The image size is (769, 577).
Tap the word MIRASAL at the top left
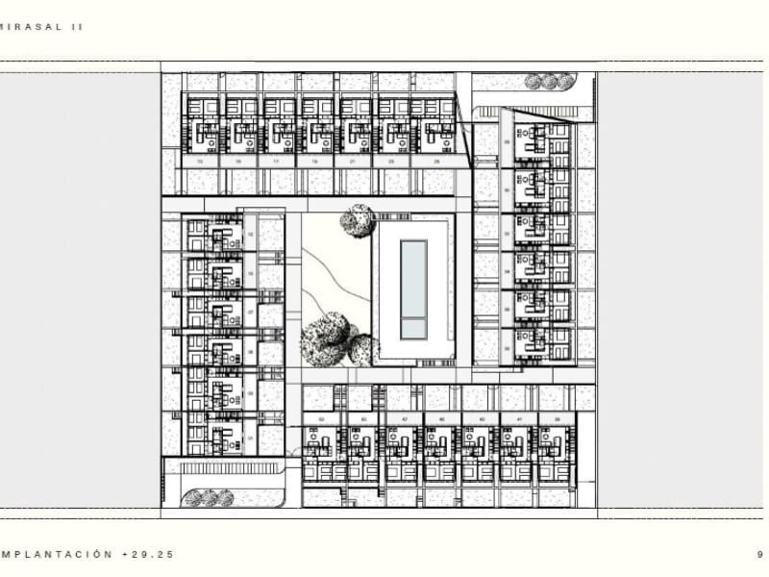pyautogui.click(x=31, y=28)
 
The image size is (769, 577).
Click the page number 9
pyautogui.click(x=759, y=554)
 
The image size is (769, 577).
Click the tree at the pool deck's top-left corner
pyautogui.click(x=356, y=221)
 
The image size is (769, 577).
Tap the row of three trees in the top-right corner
pyautogui.click(x=546, y=83)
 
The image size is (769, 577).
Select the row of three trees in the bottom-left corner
pyautogui.click(x=210, y=497)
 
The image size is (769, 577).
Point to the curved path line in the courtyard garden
pyautogui.click(x=332, y=279)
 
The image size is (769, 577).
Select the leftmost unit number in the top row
pyautogui.click(x=200, y=162)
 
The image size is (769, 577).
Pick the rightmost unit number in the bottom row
pyautogui.click(x=557, y=420)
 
